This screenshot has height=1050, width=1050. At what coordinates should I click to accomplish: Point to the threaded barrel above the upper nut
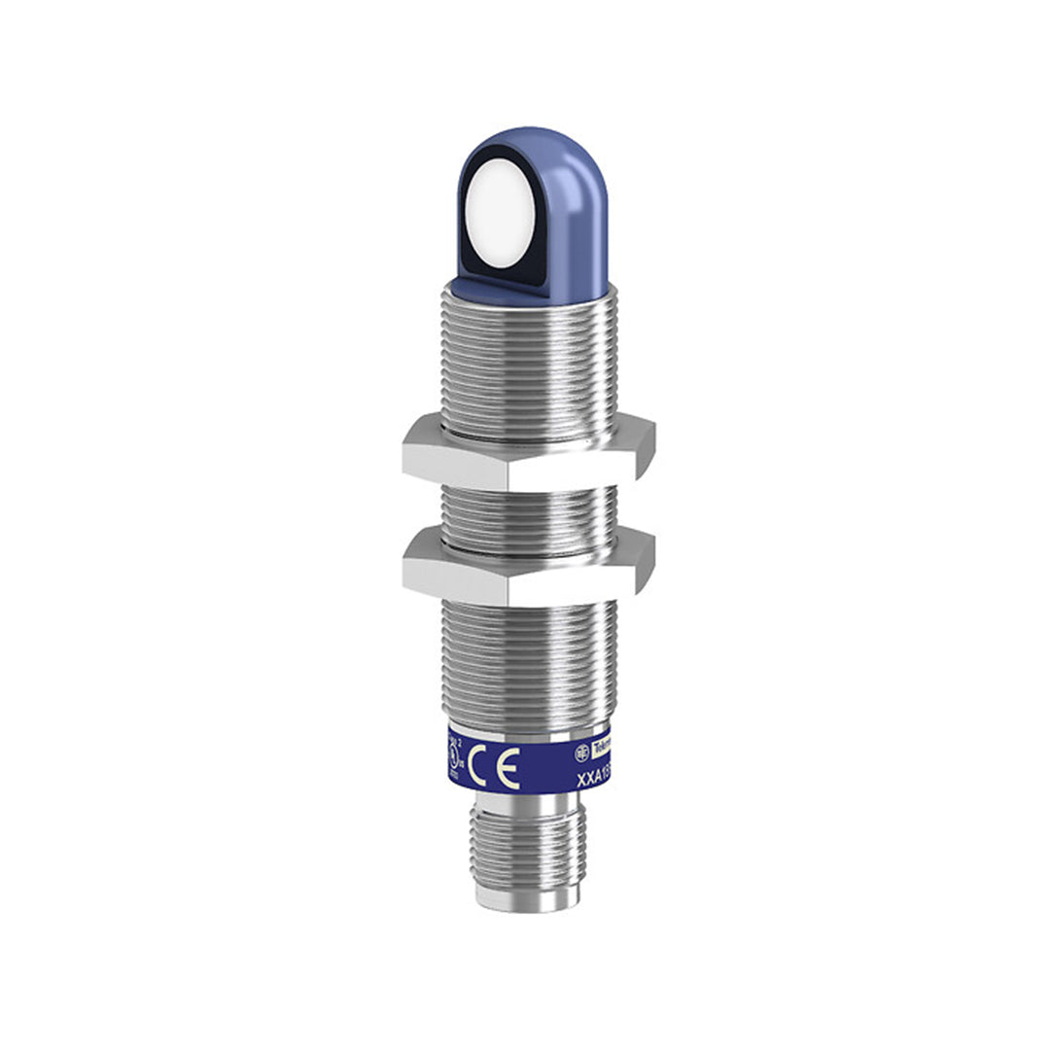click(x=528, y=360)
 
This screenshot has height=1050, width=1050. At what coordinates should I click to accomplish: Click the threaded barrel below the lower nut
click(x=528, y=661)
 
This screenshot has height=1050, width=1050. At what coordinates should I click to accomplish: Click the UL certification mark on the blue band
click(x=452, y=757)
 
